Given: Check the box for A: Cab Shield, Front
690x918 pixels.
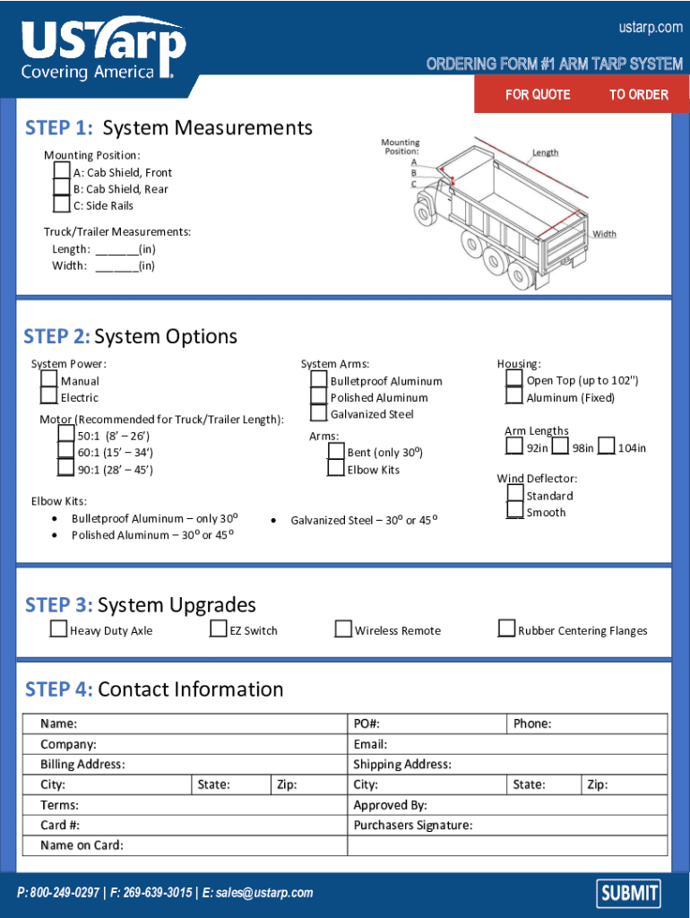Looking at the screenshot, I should (x=61, y=171).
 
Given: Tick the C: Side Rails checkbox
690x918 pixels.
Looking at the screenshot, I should (x=61, y=204).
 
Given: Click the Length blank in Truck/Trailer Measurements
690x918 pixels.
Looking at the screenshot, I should (x=116, y=249).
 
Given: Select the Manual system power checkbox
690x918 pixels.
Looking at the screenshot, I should (x=48, y=381).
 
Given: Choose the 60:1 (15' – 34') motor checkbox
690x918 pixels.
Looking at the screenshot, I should (x=65, y=452).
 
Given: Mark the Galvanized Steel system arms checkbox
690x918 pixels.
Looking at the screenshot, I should (x=318, y=413).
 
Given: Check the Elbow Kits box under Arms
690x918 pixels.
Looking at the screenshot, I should (x=335, y=469).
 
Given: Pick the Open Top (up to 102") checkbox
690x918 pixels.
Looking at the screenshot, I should (x=513, y=379).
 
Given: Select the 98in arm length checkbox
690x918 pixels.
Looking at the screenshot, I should (x=560, y=446).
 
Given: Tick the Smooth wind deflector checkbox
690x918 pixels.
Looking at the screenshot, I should (x=514, y=511).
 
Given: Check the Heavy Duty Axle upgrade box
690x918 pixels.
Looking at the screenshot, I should (x=58, y=629).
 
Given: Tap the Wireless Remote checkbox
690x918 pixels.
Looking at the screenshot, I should (x=343, y=629).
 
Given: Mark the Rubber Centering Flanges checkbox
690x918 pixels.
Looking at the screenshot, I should (x=506, y=629).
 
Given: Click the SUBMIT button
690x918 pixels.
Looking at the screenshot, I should (x=629, y=892).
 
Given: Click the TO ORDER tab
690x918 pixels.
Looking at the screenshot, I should (x=638, y=94).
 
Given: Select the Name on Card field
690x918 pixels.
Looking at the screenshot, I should (x=224, y=845).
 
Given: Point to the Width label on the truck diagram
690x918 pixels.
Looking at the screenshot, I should (x=604, y=234).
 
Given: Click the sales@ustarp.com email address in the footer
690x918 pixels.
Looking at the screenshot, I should (x=264, y=893).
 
